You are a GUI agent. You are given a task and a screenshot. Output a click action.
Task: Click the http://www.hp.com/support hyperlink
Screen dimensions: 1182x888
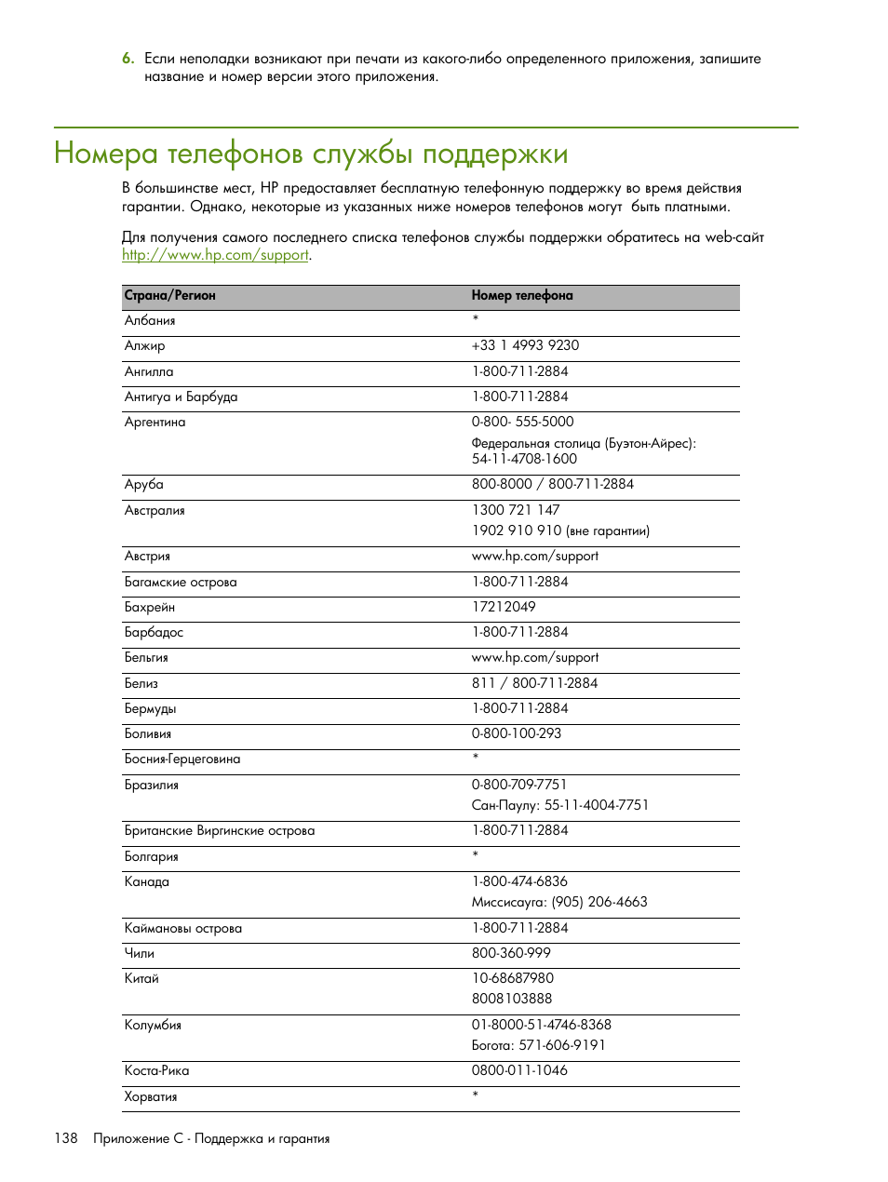click(215, 255)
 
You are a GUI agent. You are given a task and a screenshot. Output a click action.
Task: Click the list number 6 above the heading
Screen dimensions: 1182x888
click(128, 59)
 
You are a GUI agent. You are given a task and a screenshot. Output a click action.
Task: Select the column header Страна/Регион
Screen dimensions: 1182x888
click(170, 296)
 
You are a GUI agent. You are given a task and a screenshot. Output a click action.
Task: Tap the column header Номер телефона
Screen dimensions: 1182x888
click(521, 296)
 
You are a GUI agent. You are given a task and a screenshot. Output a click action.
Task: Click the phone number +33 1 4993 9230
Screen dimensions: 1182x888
click(525, 345)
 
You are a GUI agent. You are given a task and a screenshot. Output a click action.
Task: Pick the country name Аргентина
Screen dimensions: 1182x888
click(155, 423)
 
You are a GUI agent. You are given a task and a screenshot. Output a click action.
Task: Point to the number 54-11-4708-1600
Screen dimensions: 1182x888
click(524, 459)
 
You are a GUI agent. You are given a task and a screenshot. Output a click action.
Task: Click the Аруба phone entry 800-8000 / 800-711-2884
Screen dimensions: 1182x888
click(552, 484)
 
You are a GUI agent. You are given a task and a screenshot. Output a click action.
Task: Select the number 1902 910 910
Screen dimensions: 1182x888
click(517, 531)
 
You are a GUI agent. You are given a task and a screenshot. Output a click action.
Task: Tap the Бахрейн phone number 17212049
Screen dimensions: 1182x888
click(504, 607)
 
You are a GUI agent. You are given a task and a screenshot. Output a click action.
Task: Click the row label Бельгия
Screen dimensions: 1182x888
click(147, 658)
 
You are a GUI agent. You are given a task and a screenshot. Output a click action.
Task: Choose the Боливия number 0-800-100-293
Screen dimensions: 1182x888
click(517, 733)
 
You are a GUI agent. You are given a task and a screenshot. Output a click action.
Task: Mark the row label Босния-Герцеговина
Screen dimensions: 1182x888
click(182, 759)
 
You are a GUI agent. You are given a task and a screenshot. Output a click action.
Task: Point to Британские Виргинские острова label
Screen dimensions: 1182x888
click(220, 831)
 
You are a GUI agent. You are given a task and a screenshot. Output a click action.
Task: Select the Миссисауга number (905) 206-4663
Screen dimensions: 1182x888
click(599, 902)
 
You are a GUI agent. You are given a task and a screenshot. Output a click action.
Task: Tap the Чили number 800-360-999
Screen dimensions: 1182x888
click(511, 953)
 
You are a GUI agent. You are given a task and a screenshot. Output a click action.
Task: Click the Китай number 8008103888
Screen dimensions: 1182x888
click(512, 999)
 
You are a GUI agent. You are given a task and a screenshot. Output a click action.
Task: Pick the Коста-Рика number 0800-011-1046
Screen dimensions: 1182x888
click(519, 1070)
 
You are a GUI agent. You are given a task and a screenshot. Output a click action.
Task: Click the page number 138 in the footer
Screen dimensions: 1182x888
click(66, 1139)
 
